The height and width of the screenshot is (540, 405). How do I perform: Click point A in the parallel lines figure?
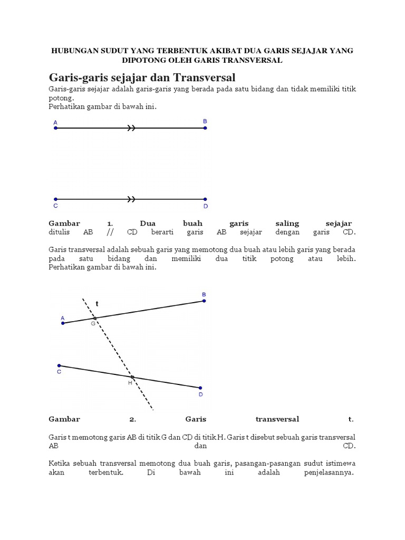[55, 128]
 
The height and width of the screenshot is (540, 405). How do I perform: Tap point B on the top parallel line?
[205, 128]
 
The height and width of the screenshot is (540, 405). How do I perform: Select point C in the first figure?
[55, 199]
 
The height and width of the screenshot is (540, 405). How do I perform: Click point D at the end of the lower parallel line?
[205, 199]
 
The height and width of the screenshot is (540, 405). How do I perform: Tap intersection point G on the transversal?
[95, 318]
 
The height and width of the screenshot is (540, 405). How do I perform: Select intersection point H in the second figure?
[132, 377]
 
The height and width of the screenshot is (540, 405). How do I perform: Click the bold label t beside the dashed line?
[97, 304]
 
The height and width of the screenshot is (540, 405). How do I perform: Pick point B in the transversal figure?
[204, 301]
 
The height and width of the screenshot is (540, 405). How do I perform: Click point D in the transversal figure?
[200, 388]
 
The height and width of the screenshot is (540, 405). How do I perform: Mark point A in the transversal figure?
[63, 323]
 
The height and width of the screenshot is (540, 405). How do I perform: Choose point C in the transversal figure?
[59, 365]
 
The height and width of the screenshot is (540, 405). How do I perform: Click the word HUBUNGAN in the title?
[73, 50]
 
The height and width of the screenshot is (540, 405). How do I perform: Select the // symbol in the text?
[110, 232]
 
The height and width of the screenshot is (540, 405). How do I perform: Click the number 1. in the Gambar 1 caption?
[110, 224]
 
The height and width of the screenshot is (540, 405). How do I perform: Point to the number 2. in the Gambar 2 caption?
[133, 419]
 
